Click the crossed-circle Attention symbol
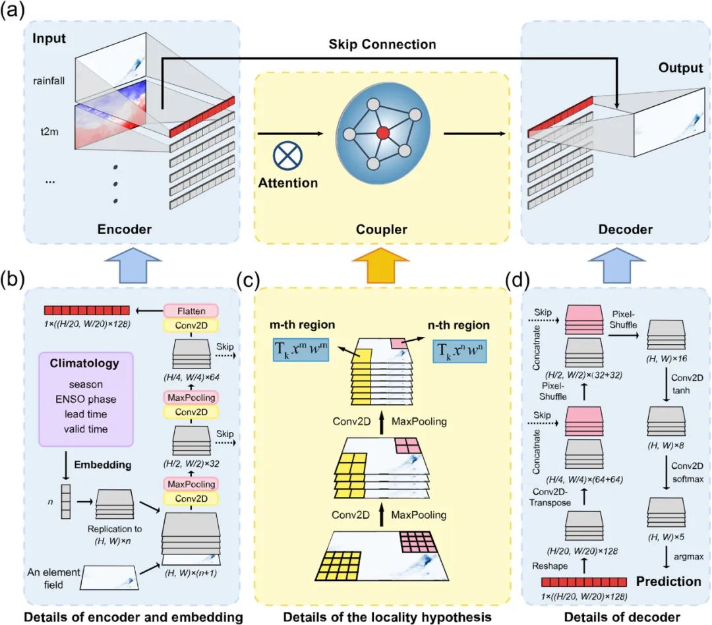pyautogui.click(x=287, y=159)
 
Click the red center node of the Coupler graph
pyautogui.click(x=382, y=134)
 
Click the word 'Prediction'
pyautogui.click(x=668, y=581)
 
